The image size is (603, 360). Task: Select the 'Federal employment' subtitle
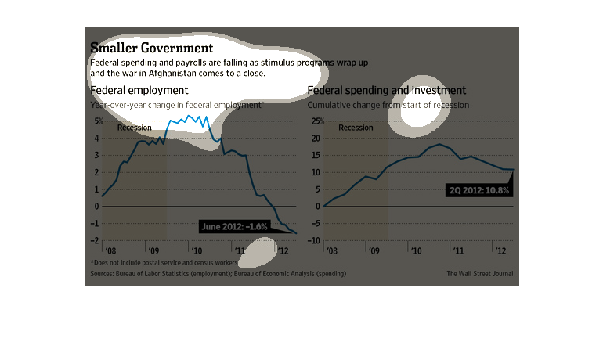click(139, 90)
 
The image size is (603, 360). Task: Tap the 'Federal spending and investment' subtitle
click(387, 90)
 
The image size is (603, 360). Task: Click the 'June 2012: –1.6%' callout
click(234, 227)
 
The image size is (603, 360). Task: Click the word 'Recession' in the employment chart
click(135, 128)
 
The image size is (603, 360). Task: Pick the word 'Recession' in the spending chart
click(356, 128)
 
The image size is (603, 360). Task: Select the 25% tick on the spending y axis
click(316, 121)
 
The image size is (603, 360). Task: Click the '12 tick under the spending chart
click(498, 251)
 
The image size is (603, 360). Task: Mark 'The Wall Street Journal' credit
click(478, 274)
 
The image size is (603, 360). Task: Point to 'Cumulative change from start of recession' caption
click(388, 104)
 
